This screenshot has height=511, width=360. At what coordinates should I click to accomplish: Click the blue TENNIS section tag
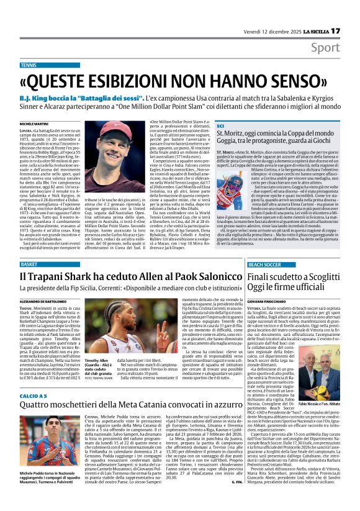click(x=29, y=65)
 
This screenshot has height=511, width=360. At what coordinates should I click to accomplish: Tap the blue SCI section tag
click(x=220, y=126)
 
